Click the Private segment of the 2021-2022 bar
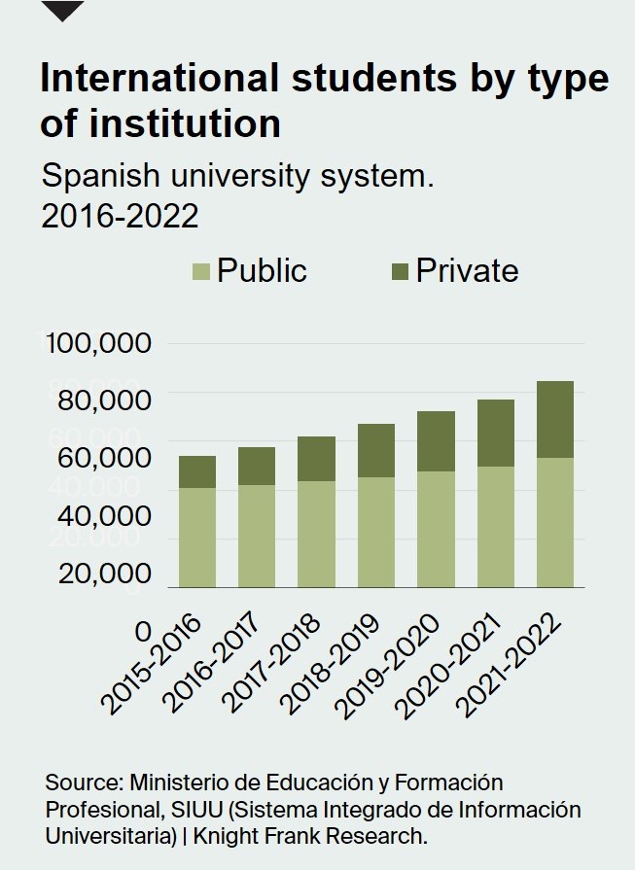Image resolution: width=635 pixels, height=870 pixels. pyautogui.click(x=555, y=419)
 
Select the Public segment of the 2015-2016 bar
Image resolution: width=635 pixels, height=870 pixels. pyautogui.click(x=197, y=537)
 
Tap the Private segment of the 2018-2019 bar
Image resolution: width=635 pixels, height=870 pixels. pyautogui.click(x=376, y=450)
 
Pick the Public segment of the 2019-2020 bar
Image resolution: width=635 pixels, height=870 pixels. pyautogui.click(x=436, y=529)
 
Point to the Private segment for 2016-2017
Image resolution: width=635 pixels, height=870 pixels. pyautogui.click(x=257, y=466)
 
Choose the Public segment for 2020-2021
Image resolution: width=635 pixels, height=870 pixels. pyautogui.click(x=496, y=527)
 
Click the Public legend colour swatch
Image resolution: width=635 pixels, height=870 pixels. pyautogui.click(x=201, y=271)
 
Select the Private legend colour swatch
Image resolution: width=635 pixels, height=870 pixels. pyautogui.click(x=401, y=271)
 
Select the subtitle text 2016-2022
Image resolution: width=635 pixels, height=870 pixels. pyautogui.click(x=120, y=216)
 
